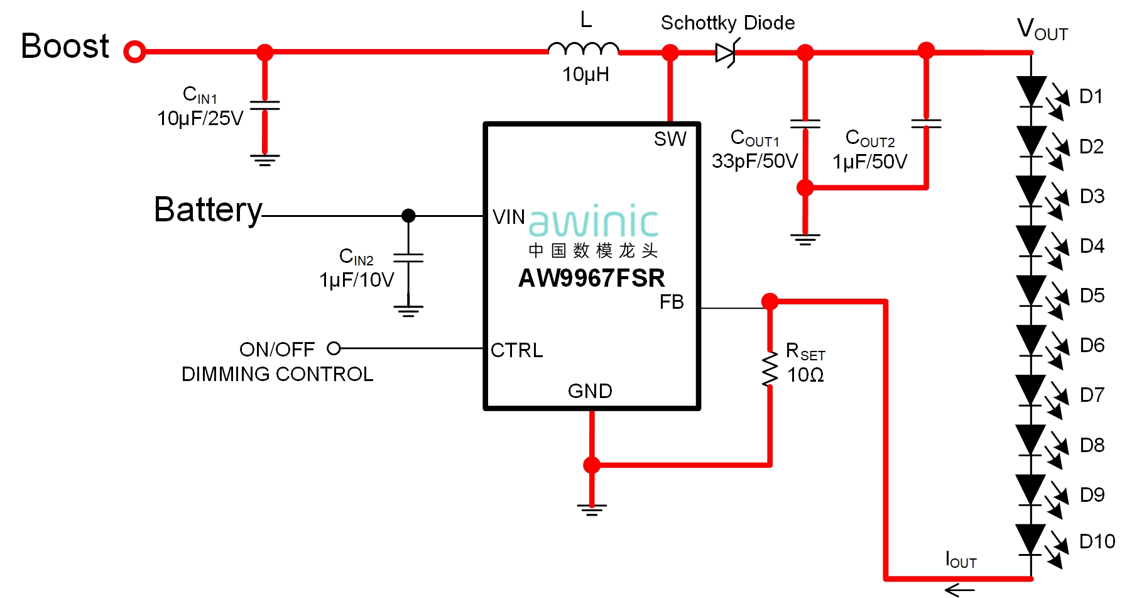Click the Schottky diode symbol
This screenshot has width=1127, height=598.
(x=726, y=53)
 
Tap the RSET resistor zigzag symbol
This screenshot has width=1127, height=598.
(x=770, y=369)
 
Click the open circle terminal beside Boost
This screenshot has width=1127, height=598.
(x=134, y=52)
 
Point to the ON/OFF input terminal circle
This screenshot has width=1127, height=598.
(x=334, y=348)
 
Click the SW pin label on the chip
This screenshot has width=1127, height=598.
(x=670, y=139)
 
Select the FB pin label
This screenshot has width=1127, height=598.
(x=671, y=302)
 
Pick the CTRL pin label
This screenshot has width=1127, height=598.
(x=516, y=350)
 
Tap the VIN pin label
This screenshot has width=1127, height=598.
(x=508, y=217)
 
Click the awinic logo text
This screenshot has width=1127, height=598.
(x=593, y=221)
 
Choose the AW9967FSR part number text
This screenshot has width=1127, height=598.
(x=591, y=278)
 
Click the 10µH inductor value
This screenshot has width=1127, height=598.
(x=585, y=75)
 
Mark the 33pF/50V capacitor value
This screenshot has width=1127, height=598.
(x=754, y=161)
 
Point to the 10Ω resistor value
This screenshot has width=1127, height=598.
(x=805, y=375)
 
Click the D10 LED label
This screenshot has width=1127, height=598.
(x=1097, y=541)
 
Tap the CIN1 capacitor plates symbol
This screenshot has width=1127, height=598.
(x=264, y=105)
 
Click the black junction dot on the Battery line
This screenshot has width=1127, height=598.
(x=408, y=216)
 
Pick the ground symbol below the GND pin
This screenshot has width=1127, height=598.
(x=592, y=509)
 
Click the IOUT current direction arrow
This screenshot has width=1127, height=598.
(x=959, y=589)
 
